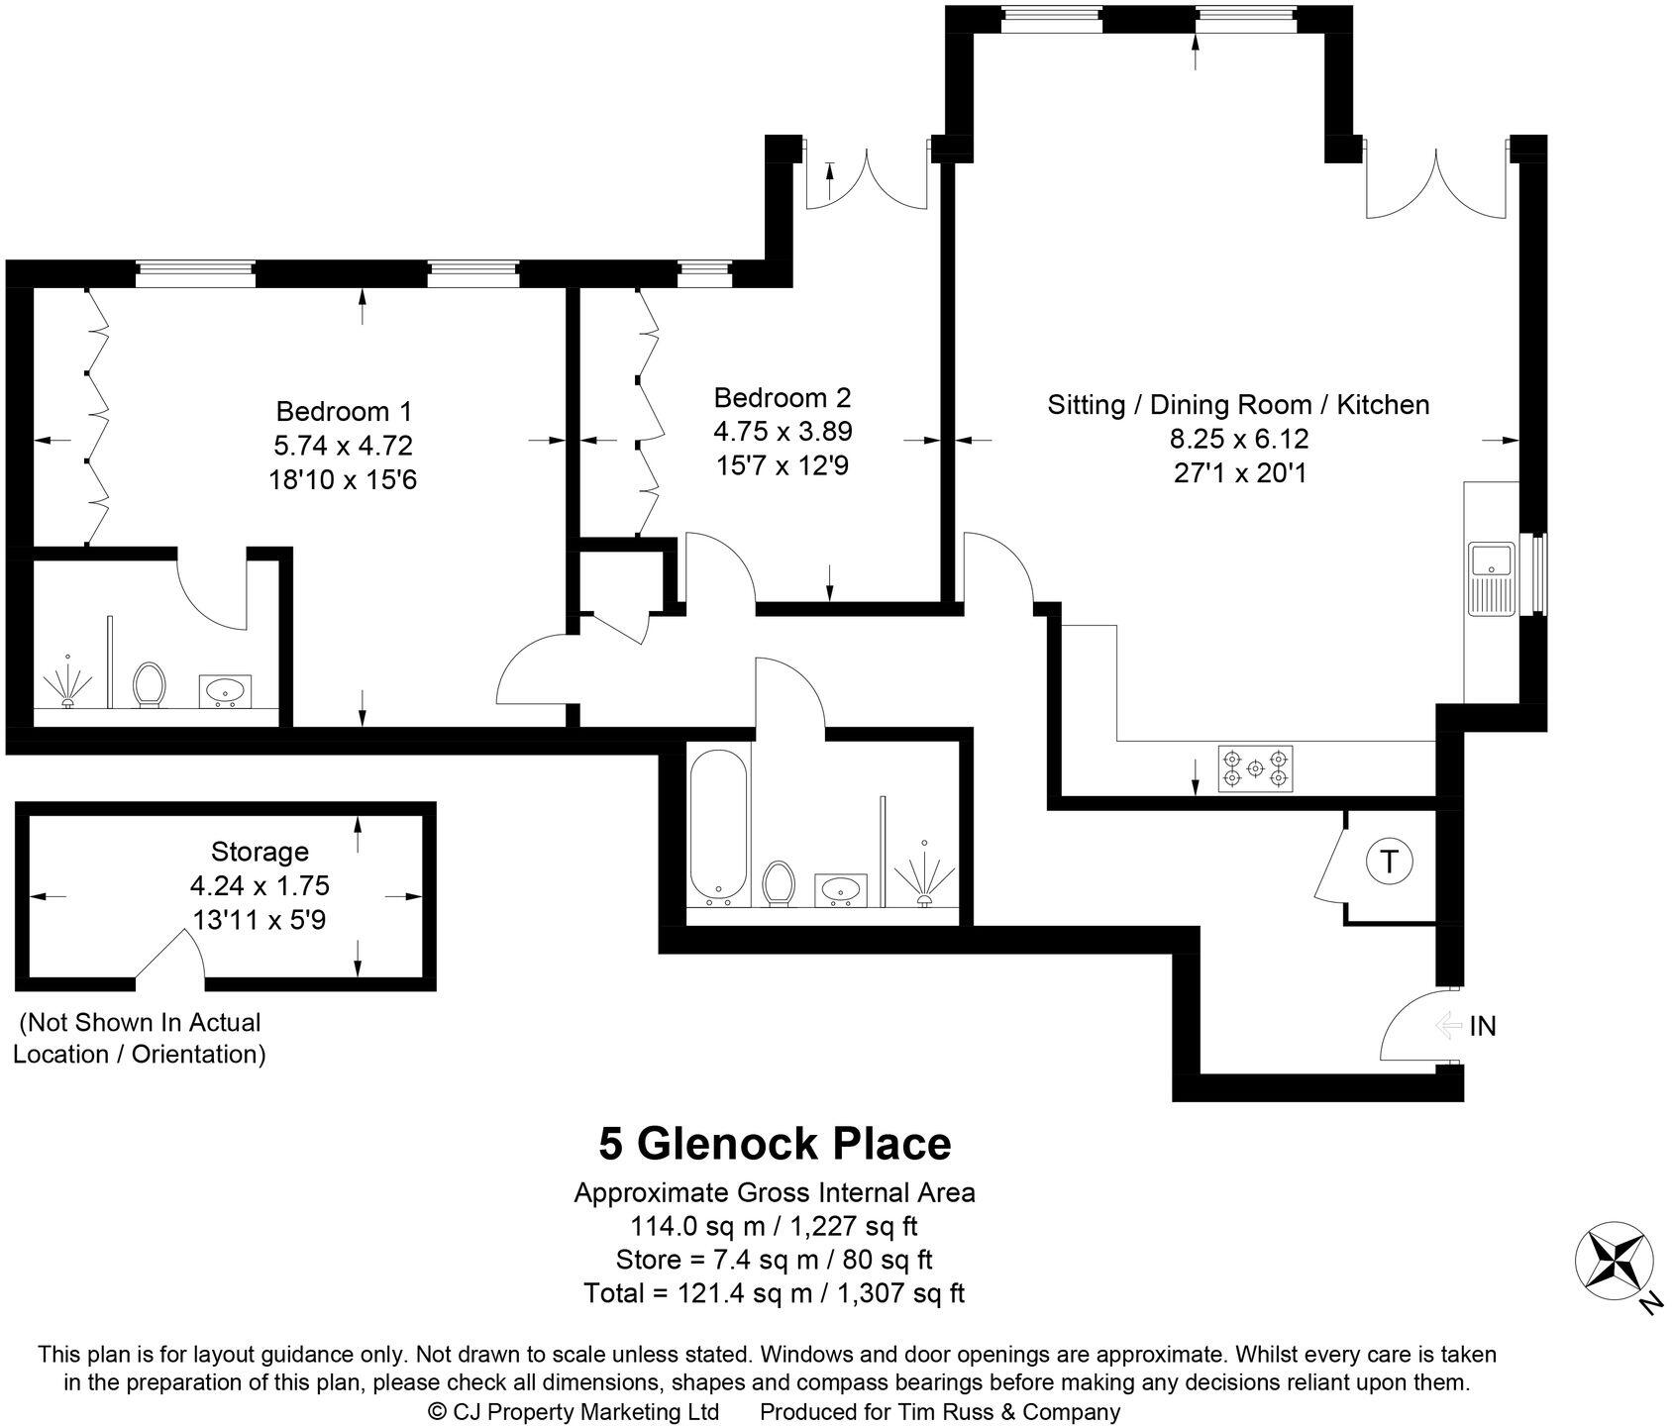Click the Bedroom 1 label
coord(344,411)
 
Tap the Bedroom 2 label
coord(783,398)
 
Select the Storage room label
coord(260,852)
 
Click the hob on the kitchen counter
coord(1255,769)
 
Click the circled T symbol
coord(1390,863)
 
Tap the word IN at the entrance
coord(1482,1027)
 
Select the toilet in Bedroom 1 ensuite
coord(150,684)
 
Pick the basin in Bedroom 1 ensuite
coord(227,690)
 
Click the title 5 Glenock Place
coord(775,1144)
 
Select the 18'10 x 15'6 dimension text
coord(343,480)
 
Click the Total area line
coord(775,1293)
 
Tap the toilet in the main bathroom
coord(780,882)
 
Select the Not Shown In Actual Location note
coord(139,1038)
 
